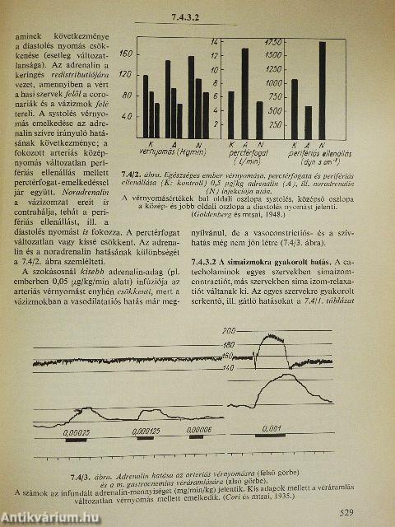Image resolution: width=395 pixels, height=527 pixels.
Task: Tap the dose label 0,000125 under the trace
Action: click(x=145, y=429)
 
